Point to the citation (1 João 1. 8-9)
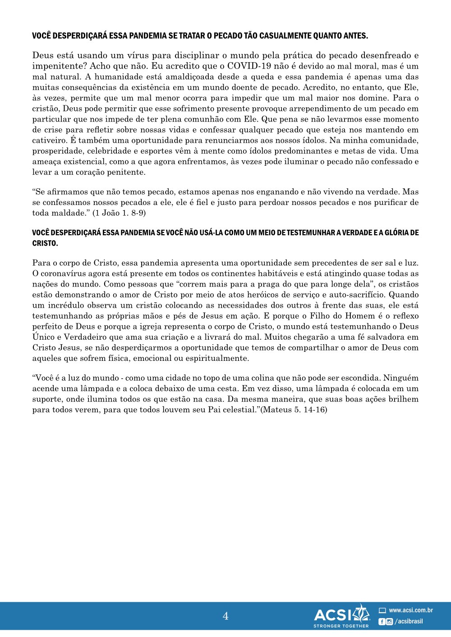[x=119, y=213]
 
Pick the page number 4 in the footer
[x=225, y=616]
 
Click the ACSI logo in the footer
[x=341, y=614]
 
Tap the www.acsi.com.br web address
[x=410, y=610]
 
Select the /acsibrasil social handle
[x=409, y=622]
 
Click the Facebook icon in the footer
[x=382, y=622]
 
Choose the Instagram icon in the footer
[x=389, y=622]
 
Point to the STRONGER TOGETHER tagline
[x=341, y=626]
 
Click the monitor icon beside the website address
[x=382, y=611]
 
